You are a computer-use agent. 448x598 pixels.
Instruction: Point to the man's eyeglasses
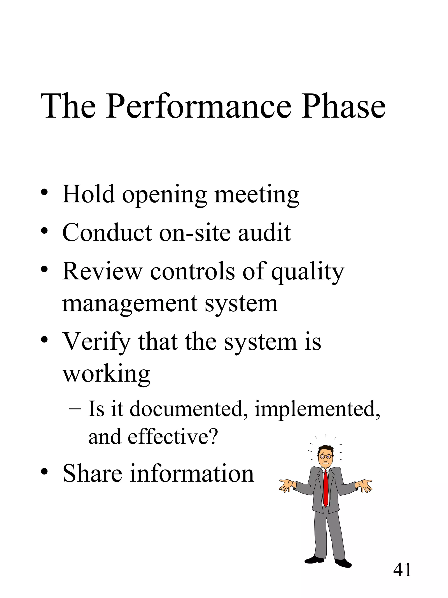tap(325, 457)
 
